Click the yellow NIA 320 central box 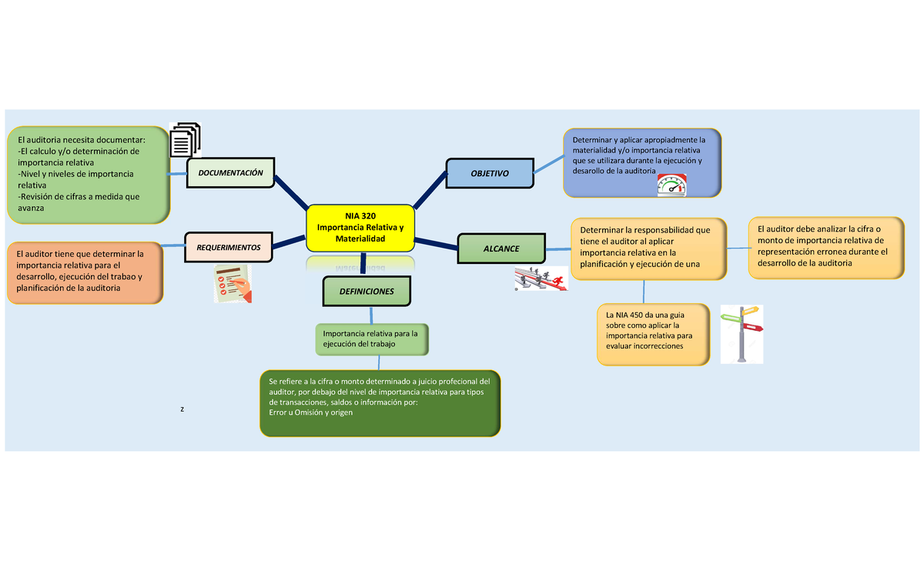coord(360,229)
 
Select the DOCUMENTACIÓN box coord(230,174)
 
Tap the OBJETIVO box coord(490,174)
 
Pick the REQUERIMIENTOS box coord(228,247)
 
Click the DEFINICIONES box coord(367,292)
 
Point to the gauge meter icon coord(671,185)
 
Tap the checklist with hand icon coord(233,284)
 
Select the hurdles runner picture coord(541,279)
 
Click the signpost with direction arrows coord(742,333)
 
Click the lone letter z coord(182,409)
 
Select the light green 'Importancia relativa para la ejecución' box coord(371,339)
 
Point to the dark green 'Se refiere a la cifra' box coord(380,402)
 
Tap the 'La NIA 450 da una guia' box coord(653,333)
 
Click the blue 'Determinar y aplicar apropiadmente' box coord(641,161)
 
